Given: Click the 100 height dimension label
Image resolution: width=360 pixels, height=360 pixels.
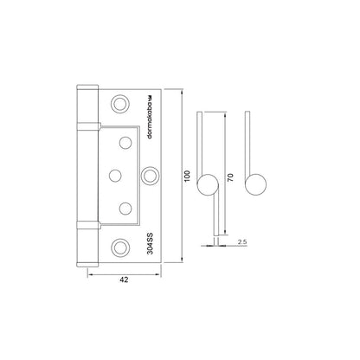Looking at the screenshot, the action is point(187,176).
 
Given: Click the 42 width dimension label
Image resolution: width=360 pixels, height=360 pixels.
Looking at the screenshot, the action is point(124,280).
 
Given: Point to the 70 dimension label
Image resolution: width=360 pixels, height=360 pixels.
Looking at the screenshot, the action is point(230,177).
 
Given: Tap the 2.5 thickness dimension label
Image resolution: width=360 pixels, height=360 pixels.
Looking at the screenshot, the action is point(242,242).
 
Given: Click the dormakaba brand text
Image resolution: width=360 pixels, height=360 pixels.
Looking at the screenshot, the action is point(150,118).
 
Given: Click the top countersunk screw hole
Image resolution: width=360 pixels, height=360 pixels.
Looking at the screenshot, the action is point(119,104).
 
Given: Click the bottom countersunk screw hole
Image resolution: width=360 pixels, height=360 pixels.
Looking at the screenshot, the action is point(119,247).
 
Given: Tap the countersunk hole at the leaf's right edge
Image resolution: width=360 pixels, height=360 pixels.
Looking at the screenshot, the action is point(150,176).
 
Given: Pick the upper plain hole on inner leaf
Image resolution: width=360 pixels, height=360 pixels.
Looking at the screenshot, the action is point(125,143).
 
